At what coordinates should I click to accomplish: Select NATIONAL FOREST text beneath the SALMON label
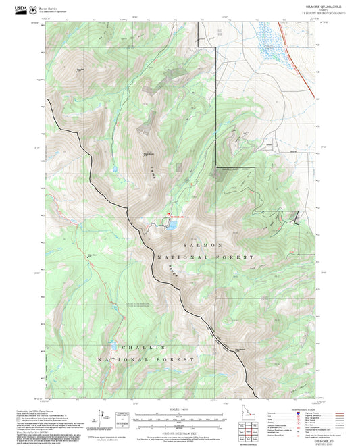(206, 257)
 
